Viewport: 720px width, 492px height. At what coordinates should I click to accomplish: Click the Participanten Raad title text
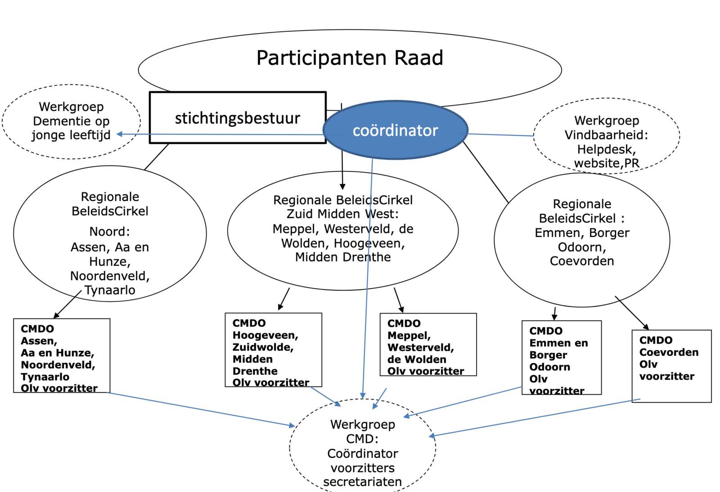[x=350, y=58]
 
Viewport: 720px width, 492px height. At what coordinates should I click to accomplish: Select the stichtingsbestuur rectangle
[x=237, y=118]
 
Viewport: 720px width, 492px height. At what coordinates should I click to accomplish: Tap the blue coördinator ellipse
[x=395, y=130]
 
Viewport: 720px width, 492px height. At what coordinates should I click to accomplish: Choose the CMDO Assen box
[x=62, y=355]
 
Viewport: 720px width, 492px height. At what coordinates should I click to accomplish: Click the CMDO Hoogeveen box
[x=273, y=350]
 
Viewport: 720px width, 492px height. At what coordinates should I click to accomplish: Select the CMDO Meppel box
[x=428, y=344]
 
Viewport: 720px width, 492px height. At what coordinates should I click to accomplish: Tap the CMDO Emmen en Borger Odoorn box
[x=561, y=358]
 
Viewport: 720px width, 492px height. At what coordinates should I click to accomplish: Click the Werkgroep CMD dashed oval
[x=363, y=445]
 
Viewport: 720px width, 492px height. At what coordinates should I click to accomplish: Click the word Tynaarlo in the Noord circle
[x=110, y=291]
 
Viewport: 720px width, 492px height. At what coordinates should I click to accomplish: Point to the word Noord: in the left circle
[x=109, y=232]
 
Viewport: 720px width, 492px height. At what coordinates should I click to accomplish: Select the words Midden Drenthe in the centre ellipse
[x=343, y=257]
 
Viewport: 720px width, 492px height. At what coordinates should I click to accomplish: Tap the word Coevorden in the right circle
[x=581, y=261]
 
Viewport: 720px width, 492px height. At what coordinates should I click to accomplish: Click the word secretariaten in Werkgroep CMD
[x=362, y=482]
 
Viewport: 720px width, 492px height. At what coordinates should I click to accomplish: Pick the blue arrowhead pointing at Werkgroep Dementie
[x=120, y=134]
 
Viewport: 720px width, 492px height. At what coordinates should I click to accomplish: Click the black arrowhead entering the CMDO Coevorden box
[x=646, y=327]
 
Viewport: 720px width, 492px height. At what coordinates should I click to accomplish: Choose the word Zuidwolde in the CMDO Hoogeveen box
[x=262, y=347]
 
